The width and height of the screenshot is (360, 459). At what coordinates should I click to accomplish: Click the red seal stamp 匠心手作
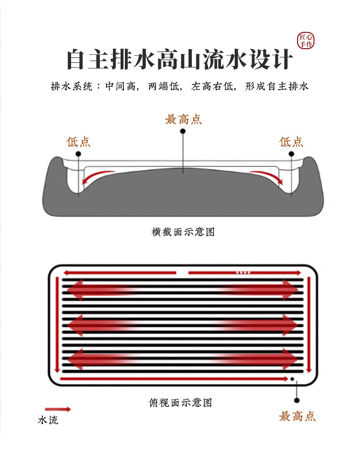306,41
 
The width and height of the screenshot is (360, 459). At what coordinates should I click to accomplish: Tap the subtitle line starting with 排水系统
180,86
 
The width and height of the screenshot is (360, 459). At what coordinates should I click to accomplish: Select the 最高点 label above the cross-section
183,120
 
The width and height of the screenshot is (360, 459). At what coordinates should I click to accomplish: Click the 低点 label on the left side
79,142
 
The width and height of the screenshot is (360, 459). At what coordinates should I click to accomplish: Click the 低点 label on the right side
291,142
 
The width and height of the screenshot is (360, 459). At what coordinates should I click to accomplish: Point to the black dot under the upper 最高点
183,131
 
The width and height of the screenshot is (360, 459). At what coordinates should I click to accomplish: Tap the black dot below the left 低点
79,154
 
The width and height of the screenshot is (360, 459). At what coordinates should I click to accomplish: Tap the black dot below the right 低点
291,154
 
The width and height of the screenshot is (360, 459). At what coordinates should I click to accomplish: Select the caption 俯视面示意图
180,403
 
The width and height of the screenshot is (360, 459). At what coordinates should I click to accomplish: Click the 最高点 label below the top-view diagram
297,416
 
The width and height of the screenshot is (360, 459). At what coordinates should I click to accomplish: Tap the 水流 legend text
48,420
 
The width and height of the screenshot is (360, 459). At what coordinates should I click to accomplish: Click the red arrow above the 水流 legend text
58,409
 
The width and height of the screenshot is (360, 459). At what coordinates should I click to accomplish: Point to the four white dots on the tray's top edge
243,272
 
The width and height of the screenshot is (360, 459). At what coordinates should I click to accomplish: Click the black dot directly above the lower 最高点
297,400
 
